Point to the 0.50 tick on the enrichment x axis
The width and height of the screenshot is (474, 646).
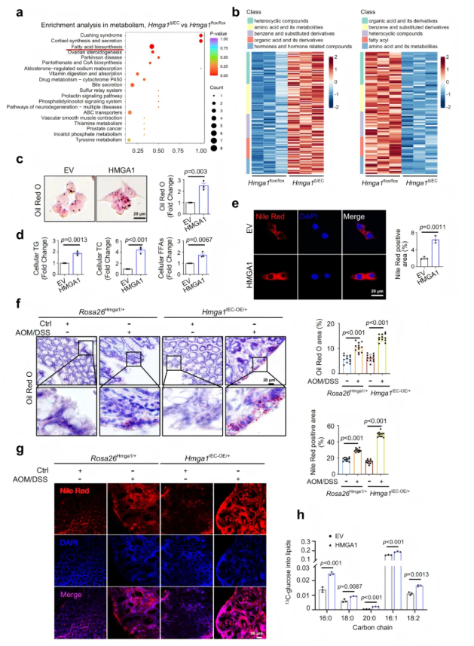[157, 151]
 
